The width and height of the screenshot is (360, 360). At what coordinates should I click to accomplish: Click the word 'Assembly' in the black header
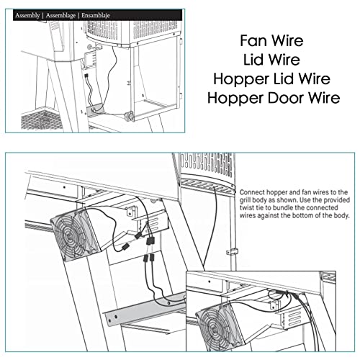click(22, 14)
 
